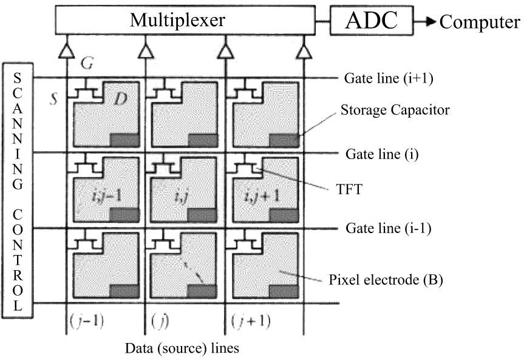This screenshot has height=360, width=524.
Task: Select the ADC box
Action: pyautogui.click(x=372, y=21)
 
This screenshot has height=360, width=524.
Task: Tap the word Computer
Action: pyautogui.click(x=480, y=22)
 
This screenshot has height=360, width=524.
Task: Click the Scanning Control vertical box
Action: pyautogui.click(x=18, y=189)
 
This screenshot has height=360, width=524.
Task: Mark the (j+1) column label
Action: pyautogui.click(x=252, y=320)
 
